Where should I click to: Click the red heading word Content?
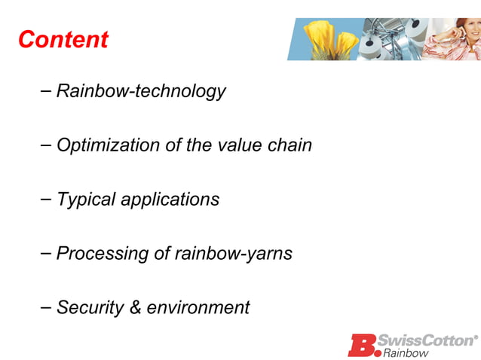(63, 39)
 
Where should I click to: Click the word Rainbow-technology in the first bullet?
(141, 91)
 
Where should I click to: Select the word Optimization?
(108, 145)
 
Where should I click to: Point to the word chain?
(290, 145)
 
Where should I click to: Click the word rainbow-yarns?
(234, 254)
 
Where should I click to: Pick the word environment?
(198, 308)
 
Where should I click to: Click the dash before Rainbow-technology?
(45, 91)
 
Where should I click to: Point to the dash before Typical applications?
(45, 200)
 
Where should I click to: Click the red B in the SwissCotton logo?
(362, 345)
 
